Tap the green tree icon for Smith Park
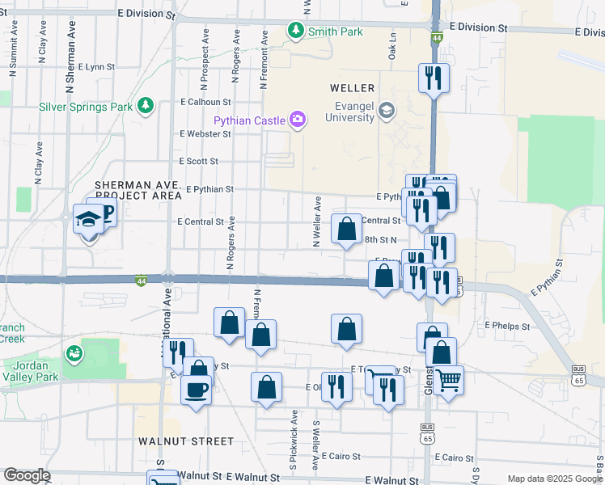pos(296,32)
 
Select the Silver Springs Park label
pos(86,106)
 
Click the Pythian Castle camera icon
pos(298,120)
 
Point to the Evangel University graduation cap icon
pos(387,111)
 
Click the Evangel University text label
pos(349,111)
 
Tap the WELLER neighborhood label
pos(352,87)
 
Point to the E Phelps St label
pos(507,326)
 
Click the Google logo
pos(27,475)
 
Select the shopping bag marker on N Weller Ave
pos(346,229)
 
